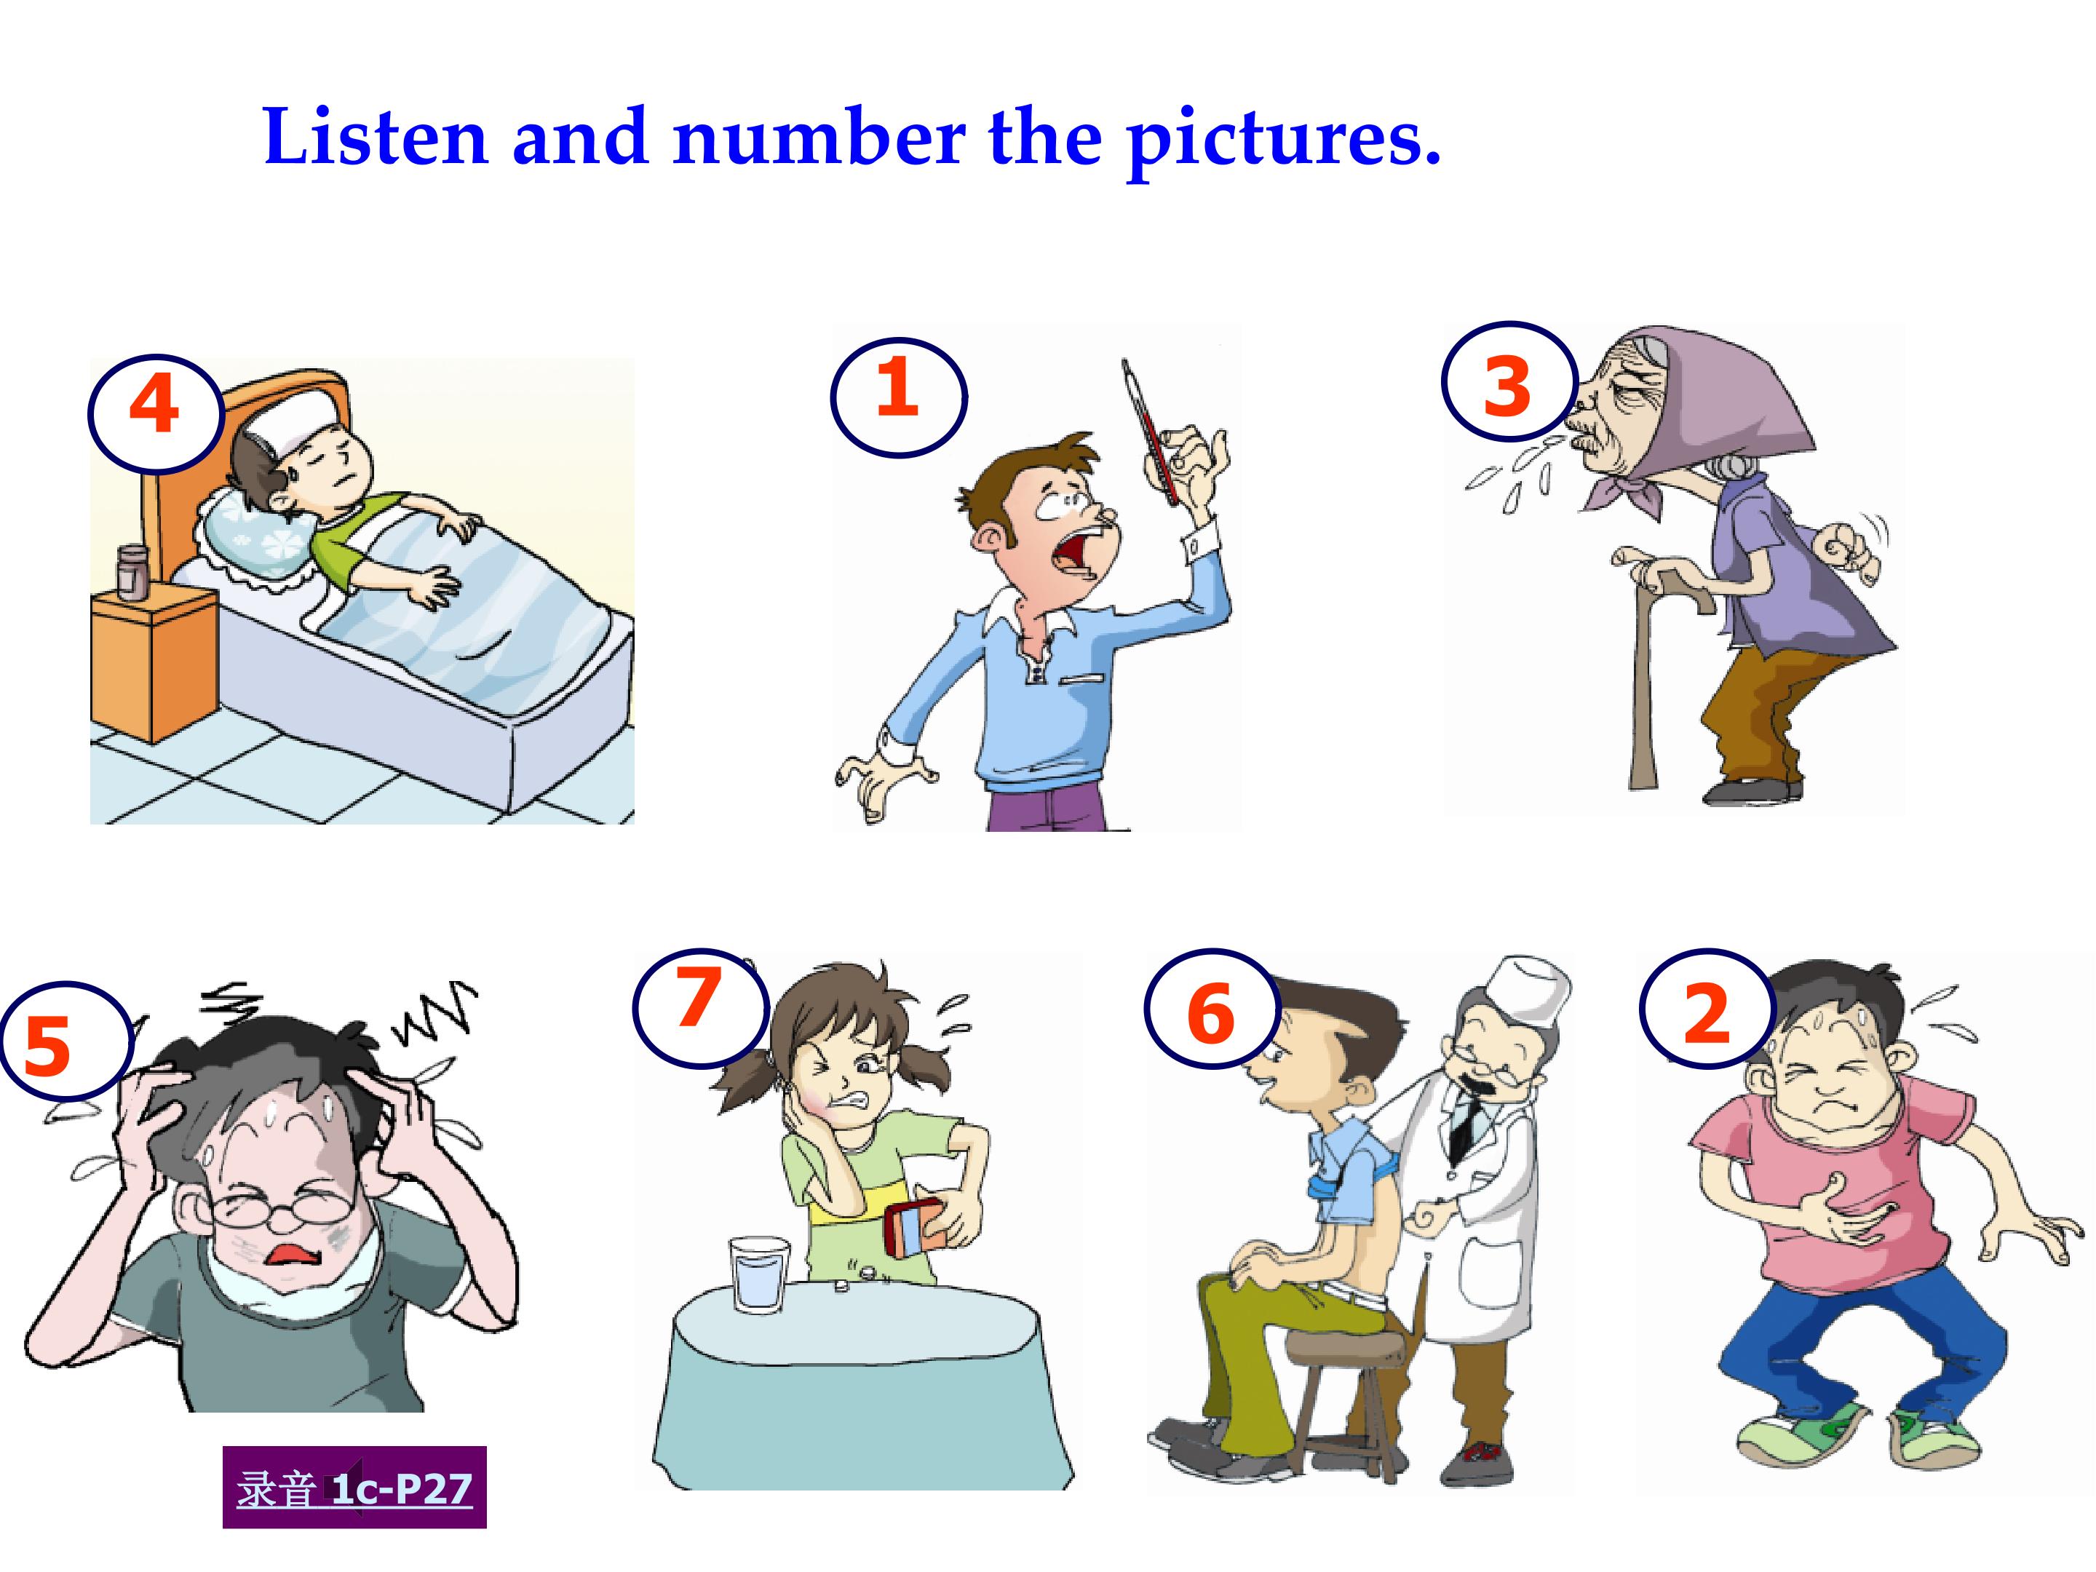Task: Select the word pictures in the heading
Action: tap(1285, 142)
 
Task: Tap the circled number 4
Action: tap(156, 413)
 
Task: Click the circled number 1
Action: tap(898, 397)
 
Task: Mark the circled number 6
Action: tap(1212, 1009)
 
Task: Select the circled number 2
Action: tap(1707, 1009)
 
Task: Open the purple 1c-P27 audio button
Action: tap(354, 1487)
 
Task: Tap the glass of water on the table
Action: tap(759, 1274)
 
